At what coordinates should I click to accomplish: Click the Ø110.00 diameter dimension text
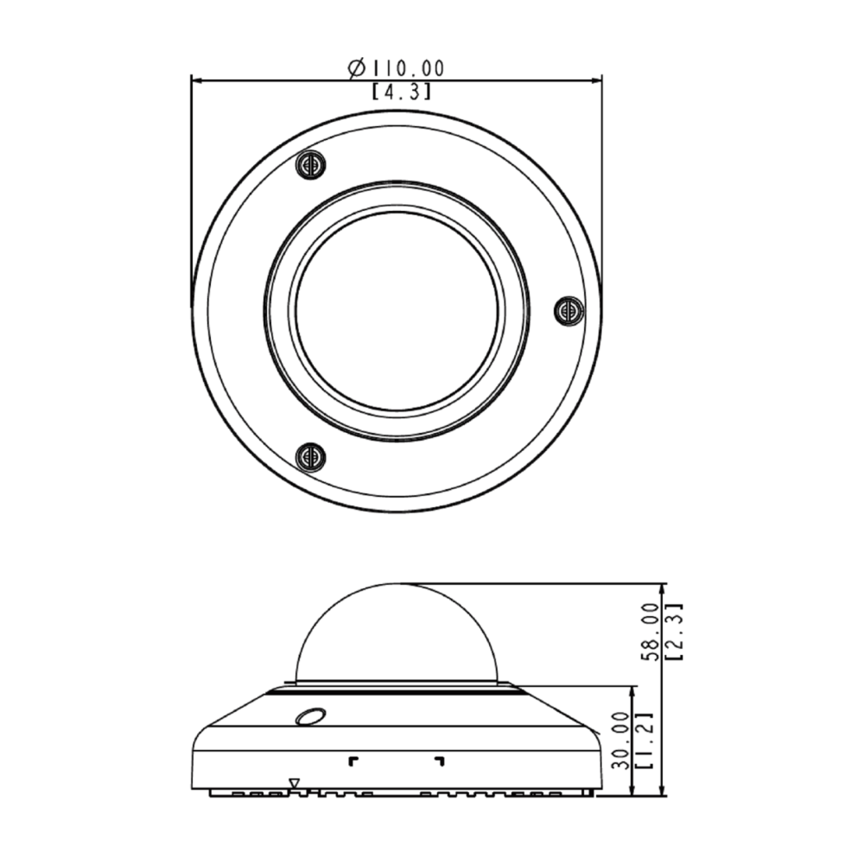point(397,67)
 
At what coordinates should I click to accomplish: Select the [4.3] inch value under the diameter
point(401,92)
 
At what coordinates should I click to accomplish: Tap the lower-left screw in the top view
point(310,456)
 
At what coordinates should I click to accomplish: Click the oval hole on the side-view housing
point(308,717)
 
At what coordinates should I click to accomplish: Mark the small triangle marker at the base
point(294,784)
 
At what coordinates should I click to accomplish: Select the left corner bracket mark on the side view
point(352,760)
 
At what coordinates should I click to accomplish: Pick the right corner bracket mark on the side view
point(440,760)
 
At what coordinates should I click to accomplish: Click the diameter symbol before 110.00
point(355,67)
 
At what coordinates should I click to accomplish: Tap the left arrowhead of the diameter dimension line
point(196,80)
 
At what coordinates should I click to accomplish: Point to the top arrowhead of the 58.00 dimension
point(661,588)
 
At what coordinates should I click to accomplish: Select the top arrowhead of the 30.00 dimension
point(634,691)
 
